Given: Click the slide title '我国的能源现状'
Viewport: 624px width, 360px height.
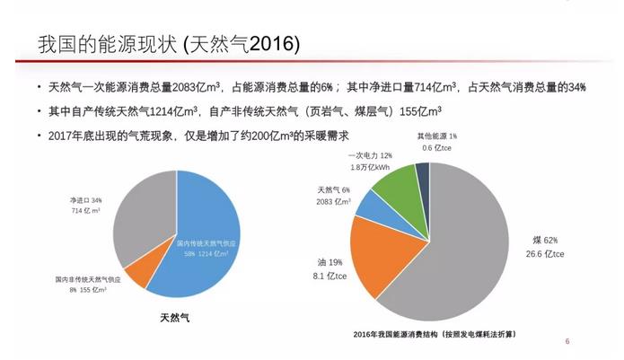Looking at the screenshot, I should click(108, 44).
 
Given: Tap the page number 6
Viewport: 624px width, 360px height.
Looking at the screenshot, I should click(567, 341).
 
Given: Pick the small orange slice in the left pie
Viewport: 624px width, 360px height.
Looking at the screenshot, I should click(137, 276).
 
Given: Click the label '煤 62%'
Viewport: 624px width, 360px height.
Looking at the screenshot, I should click(545, 240).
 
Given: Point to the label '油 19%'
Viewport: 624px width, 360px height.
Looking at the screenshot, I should click(329, 262).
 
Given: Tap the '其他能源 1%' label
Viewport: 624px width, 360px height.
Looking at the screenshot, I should click(437, 136).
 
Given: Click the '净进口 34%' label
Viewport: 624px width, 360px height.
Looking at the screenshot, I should click(87, 200).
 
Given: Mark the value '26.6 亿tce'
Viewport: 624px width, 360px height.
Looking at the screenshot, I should click(545, 254).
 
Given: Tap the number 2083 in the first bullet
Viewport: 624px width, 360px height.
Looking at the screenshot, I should click(188, 87).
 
